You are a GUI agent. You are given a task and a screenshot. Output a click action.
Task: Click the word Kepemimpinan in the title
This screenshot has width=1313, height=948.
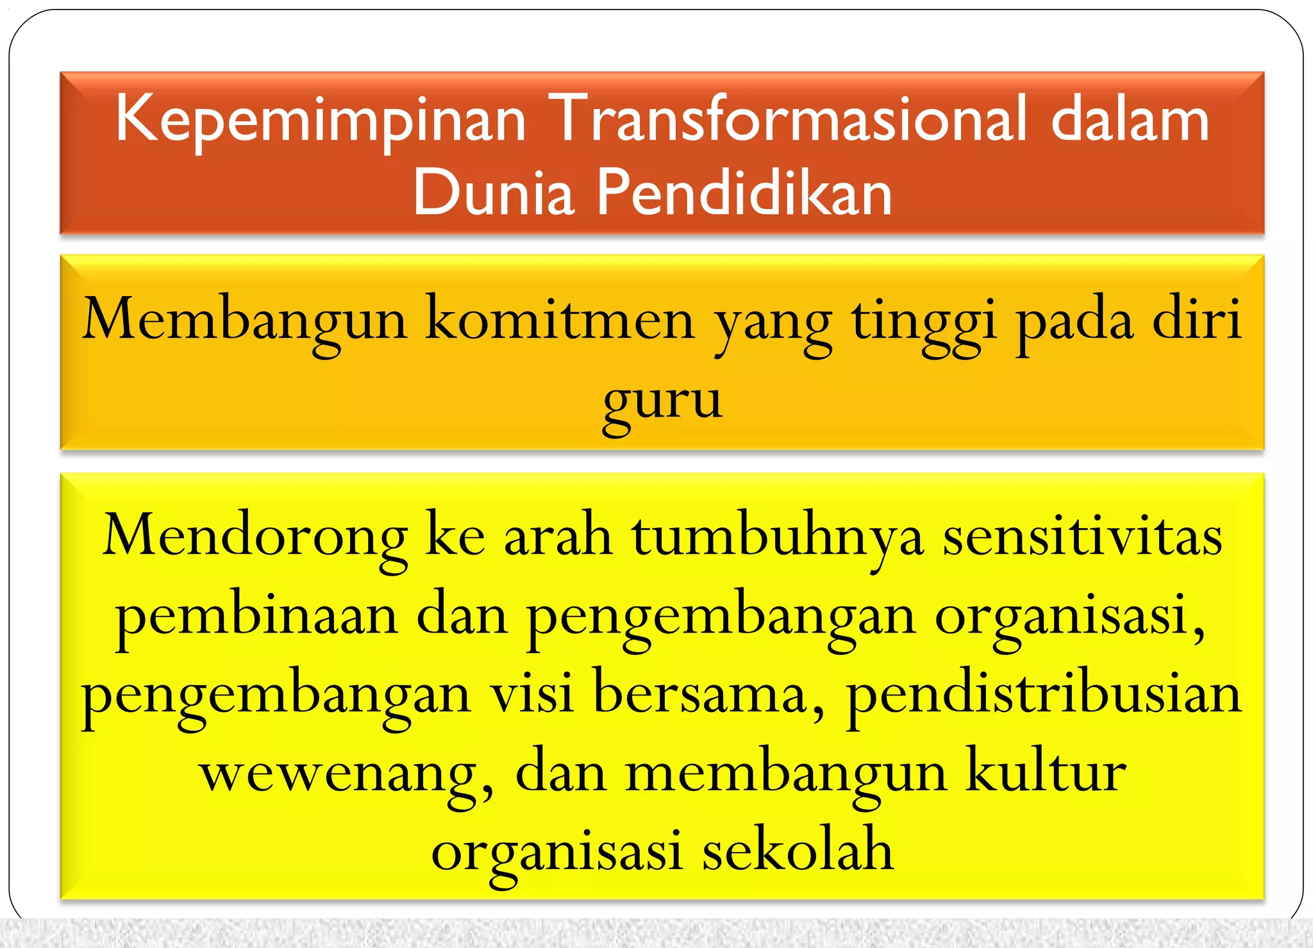[x=321, y=121]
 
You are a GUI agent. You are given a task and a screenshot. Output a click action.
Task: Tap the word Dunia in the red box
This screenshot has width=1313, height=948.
[x=493, y=192]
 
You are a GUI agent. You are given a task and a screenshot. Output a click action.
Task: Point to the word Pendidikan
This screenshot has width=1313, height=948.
[x=744, y=192]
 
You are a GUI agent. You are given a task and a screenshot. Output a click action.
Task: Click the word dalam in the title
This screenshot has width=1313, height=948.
[x=1130, y=119]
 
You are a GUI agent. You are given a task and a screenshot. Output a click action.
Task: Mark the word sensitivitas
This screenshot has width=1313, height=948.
[x=1082, y=536]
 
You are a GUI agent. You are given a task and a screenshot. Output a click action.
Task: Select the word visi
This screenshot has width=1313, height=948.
[x=531, y=695]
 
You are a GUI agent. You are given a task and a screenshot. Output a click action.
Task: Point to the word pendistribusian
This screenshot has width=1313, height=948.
[x=1044, y=695]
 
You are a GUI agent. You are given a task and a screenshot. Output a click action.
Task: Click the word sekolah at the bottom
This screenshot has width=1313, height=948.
[x=798, y=851]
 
